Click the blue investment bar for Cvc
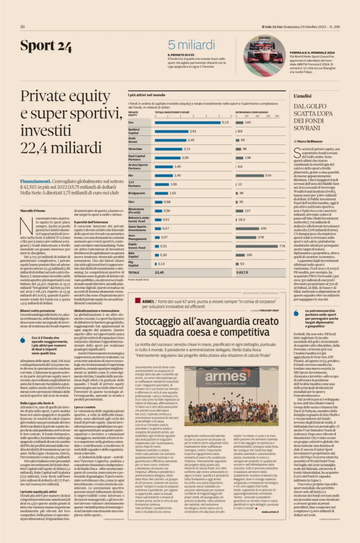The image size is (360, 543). tap(187, 122)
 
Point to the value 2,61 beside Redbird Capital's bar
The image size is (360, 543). tap(193, 131)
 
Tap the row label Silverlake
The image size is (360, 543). tap(135, 149)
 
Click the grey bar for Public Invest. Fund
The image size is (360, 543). tap(256, 246)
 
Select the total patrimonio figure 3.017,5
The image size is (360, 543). tap(242, 272)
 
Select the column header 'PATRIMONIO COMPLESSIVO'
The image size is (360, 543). tap(251, 112)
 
